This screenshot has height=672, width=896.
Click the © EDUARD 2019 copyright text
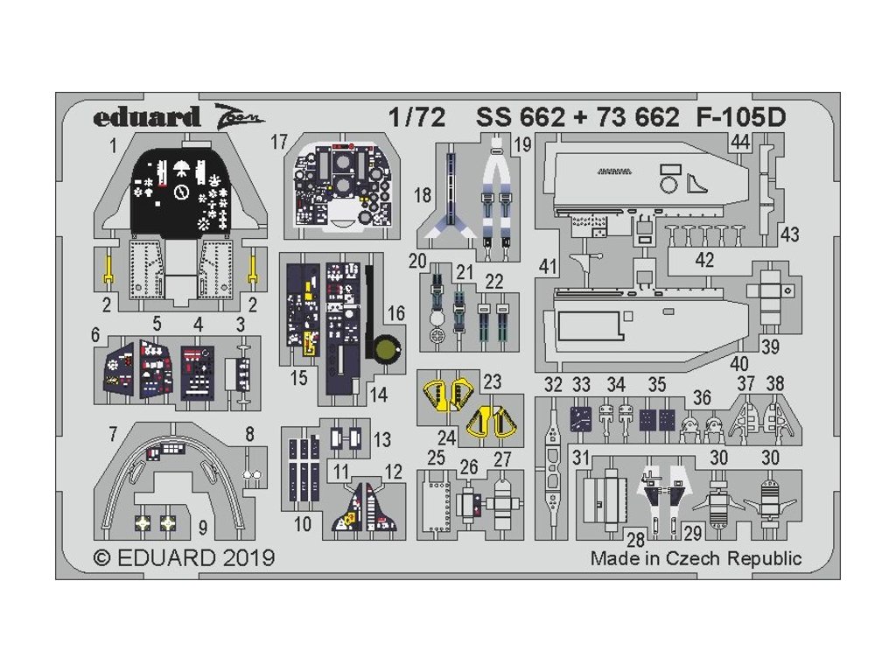184,557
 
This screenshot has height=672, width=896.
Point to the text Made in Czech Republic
696,558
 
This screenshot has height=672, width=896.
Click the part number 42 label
704,260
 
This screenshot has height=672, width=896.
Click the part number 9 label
202,528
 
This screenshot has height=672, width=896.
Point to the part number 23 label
492,381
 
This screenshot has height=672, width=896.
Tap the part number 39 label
770,346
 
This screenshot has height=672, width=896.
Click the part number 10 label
303,525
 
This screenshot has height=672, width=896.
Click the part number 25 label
437,458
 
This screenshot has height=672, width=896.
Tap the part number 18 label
423,195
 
